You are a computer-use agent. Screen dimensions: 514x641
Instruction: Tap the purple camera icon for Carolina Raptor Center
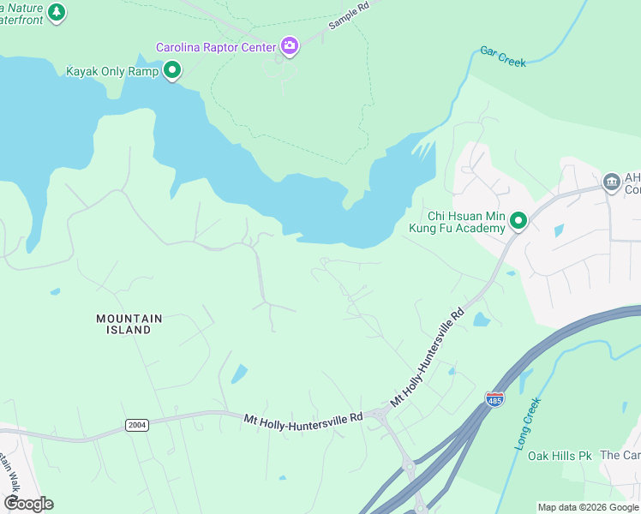coord(290,46)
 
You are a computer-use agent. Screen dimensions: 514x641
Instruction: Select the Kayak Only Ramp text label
coord(112,70)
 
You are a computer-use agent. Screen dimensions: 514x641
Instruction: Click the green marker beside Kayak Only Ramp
coord(172,70)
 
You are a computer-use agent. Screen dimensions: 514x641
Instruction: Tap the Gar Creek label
coord(503,57)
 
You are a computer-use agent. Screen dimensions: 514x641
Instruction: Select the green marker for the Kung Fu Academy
coord(518,222)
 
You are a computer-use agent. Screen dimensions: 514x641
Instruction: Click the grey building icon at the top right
coord(611,182)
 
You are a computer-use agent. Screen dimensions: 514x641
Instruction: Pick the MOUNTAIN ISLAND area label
coord(129,324)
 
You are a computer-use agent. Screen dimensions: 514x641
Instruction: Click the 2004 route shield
coord(136,425)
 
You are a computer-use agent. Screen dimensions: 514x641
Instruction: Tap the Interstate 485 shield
coord(494,399)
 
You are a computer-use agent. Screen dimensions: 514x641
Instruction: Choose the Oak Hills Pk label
coord(560,456)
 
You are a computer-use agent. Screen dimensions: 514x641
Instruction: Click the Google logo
coord(28,503)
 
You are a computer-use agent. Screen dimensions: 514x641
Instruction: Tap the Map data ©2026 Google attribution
coord(588,507)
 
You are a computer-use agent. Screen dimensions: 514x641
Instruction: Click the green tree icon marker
coord(57,12)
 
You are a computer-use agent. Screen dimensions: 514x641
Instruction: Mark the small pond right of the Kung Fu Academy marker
coord(559,230)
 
